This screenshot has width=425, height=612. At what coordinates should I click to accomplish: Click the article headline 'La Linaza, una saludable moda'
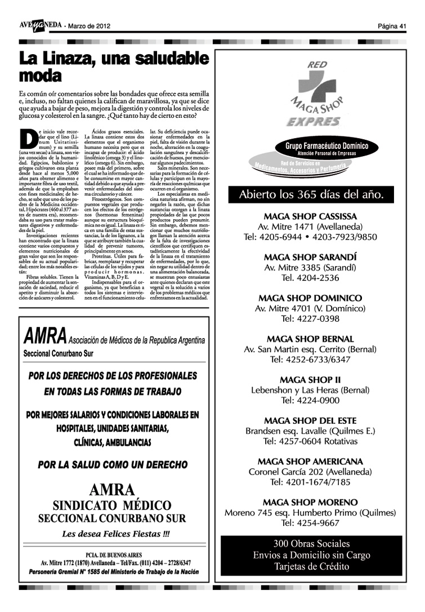[113, 66]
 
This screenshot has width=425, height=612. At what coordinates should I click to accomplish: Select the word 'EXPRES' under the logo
[313, 121]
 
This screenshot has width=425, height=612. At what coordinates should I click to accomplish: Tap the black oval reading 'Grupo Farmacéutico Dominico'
[319, 149]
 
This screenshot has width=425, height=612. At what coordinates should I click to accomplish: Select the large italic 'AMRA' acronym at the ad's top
[45, 337]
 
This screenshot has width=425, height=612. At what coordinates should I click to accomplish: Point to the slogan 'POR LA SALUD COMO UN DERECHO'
[113, 465]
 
